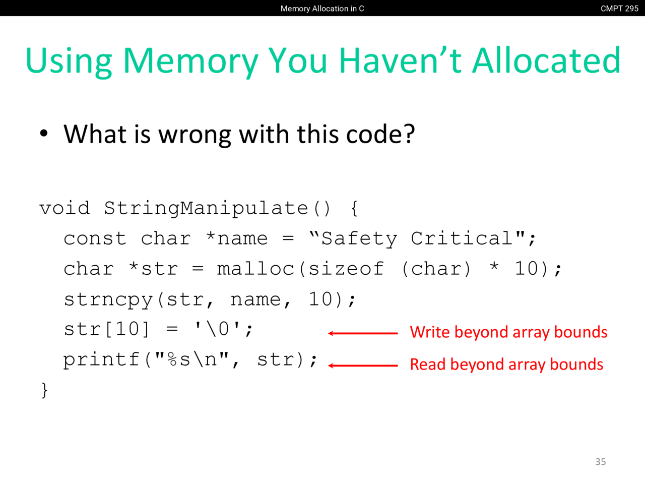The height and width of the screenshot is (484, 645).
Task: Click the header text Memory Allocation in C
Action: click(322, 9)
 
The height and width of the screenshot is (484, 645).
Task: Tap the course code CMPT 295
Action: click(619, 9)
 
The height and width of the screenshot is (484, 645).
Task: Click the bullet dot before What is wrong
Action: click(44, 134)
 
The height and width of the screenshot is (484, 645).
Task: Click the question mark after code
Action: click(409, 134)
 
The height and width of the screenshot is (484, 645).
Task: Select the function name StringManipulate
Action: click(206, 209)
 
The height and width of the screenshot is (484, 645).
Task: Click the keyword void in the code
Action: click(64, 208)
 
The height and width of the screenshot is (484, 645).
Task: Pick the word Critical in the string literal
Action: click(462, 238)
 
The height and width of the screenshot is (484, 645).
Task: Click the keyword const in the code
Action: click(95, 238)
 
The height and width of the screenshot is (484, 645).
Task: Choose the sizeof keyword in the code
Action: click(346, 269)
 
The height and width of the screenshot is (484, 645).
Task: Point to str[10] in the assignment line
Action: click(107, 329)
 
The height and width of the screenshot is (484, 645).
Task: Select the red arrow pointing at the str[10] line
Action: click(363, 333)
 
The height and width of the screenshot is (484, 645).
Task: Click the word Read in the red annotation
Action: click(428, 365)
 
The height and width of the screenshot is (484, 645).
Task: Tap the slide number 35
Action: click(601, 462)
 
